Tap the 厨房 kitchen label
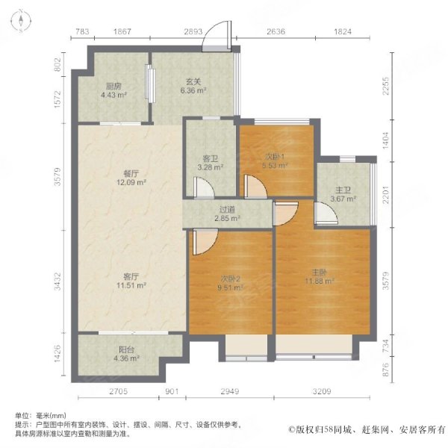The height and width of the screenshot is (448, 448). pos(114,85)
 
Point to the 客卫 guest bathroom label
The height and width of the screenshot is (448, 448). pos(210,158)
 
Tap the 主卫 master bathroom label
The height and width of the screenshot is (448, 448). pos(343,190)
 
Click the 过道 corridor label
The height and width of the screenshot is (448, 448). pos(228,210)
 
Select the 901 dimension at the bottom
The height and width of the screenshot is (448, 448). pos(172,391)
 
